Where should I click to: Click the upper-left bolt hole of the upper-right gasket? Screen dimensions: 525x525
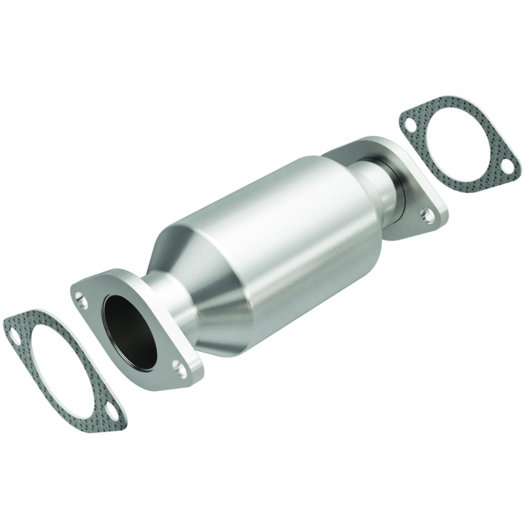coord(408,125)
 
